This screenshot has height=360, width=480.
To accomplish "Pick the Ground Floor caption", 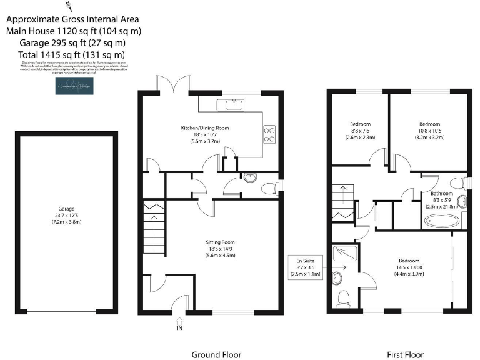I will pos(216,354).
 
